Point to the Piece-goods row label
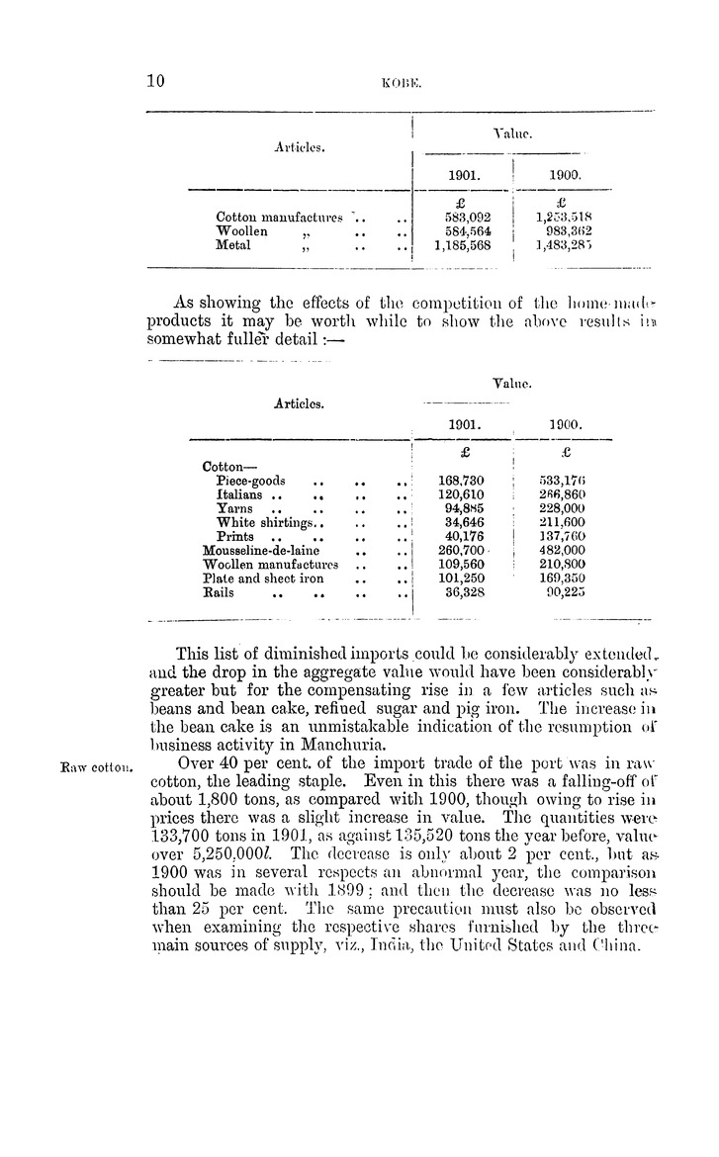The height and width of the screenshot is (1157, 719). [250, 481]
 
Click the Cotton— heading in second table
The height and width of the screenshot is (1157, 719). [228, 466]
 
